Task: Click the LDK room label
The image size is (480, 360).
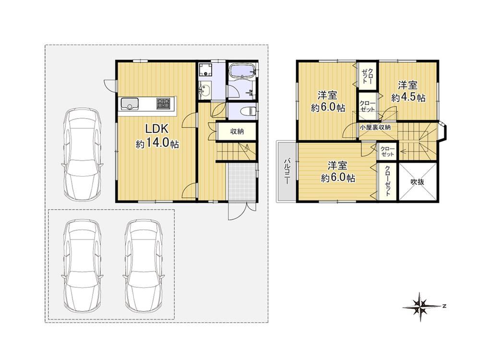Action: tap(157, 129)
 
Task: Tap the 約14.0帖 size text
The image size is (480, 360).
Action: tap(157, 144)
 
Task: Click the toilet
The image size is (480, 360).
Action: tap(248, 111)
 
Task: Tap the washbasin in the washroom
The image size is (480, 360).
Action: tap(204, 91)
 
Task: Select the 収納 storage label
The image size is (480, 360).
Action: tap(237, 132)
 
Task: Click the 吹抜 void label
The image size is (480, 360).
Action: tap(417, 182)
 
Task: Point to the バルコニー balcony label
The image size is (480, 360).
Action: tap(287, 171)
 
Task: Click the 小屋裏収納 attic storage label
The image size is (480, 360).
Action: tap(375, 127)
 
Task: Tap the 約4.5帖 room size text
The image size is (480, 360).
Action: tap(408, 98)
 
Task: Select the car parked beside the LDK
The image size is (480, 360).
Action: tap(83, 154)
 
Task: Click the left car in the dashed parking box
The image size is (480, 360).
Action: tap(83, 266)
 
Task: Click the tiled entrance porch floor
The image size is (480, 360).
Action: tap(242, 182)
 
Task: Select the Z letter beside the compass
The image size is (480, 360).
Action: tap(444, 306)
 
